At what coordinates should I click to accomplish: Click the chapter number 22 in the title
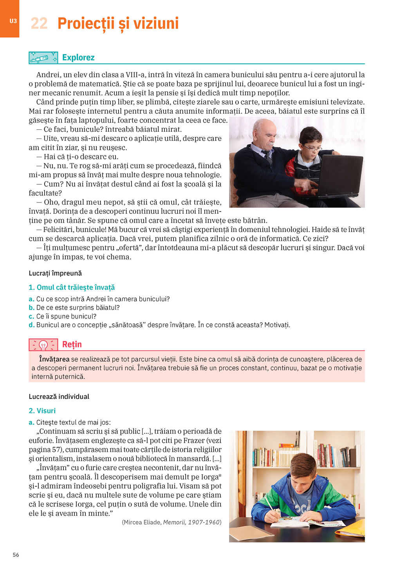tap(39, 24)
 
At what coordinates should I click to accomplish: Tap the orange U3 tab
tap(13, 21)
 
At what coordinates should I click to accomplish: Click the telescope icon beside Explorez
tap(43, 58)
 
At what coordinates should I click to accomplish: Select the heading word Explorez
tap(78, 58)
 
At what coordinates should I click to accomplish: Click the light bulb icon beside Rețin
tap(43, 345)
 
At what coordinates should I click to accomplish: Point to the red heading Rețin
tap(72, 344)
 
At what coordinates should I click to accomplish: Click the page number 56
tap(16, 555)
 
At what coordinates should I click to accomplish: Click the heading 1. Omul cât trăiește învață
tap(72, 288)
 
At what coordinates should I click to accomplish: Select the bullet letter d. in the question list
tap(31, 325)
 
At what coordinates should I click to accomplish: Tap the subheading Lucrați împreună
tap(55, 273)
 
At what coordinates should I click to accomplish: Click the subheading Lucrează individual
tap(59, 397)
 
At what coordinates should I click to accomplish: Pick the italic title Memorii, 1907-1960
tap(192, 522)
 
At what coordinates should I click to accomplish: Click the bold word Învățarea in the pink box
tap(54, 359)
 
